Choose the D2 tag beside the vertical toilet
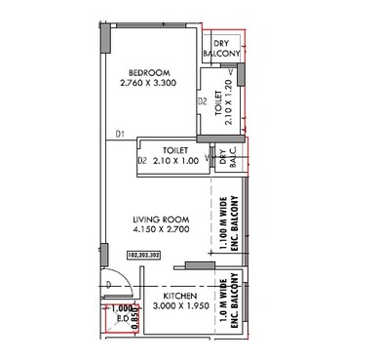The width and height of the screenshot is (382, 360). pyautogui.click(x=203, y=100)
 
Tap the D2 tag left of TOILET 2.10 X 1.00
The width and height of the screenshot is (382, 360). pyautogui.click(x=142, y=160)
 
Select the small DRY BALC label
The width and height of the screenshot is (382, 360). pyautogui.click(x=227, y=159)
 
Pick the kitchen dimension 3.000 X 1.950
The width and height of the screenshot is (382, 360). pyautogui.click(x=181, y=307)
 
